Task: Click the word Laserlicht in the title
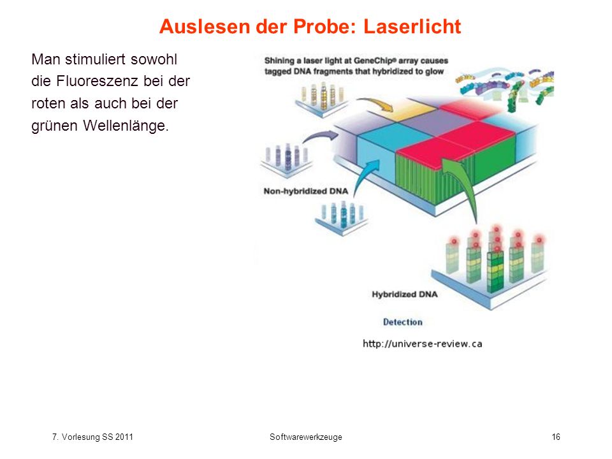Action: pos(412,27)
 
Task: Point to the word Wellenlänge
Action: pos(126,126)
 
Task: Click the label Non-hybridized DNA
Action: pos(305,191)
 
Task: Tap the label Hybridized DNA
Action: pos(404,295)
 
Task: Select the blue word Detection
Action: pos(402,322)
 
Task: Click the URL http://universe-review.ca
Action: pos(422,344)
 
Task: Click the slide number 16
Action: pos(556,437)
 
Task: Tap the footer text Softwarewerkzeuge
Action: pos(305,437)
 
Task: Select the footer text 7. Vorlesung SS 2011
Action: pos(92,437)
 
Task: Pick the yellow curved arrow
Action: pos(377,103)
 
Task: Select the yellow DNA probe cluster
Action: pos(323,98)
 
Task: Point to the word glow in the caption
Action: pos(435,71)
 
